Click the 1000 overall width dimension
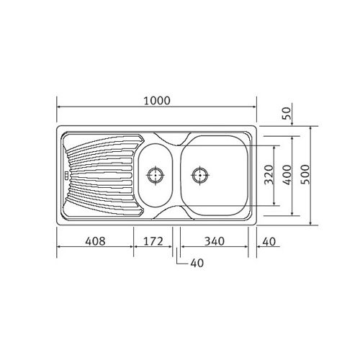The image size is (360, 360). click(x=156, y=102)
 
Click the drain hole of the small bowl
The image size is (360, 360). click(x=155, y=174)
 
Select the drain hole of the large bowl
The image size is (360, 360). click(x=200, y=174)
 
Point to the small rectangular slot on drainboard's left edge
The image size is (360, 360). click(x=64, y=174)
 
